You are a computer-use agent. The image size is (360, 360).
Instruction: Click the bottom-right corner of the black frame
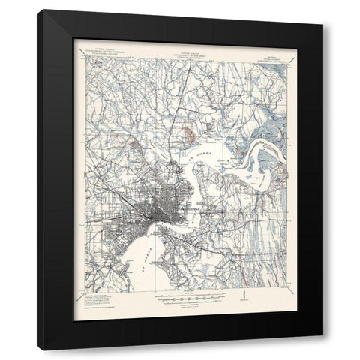pos(322,349)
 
